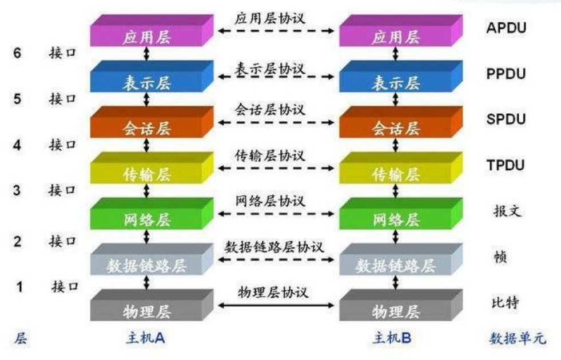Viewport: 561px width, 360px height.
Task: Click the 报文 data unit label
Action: [x=506, y=211]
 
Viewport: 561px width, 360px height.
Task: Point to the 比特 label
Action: [x=506, y=302]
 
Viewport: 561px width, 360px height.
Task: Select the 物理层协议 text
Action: [x=273, y=293]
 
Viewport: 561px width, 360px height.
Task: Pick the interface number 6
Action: [x=17, y=53]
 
